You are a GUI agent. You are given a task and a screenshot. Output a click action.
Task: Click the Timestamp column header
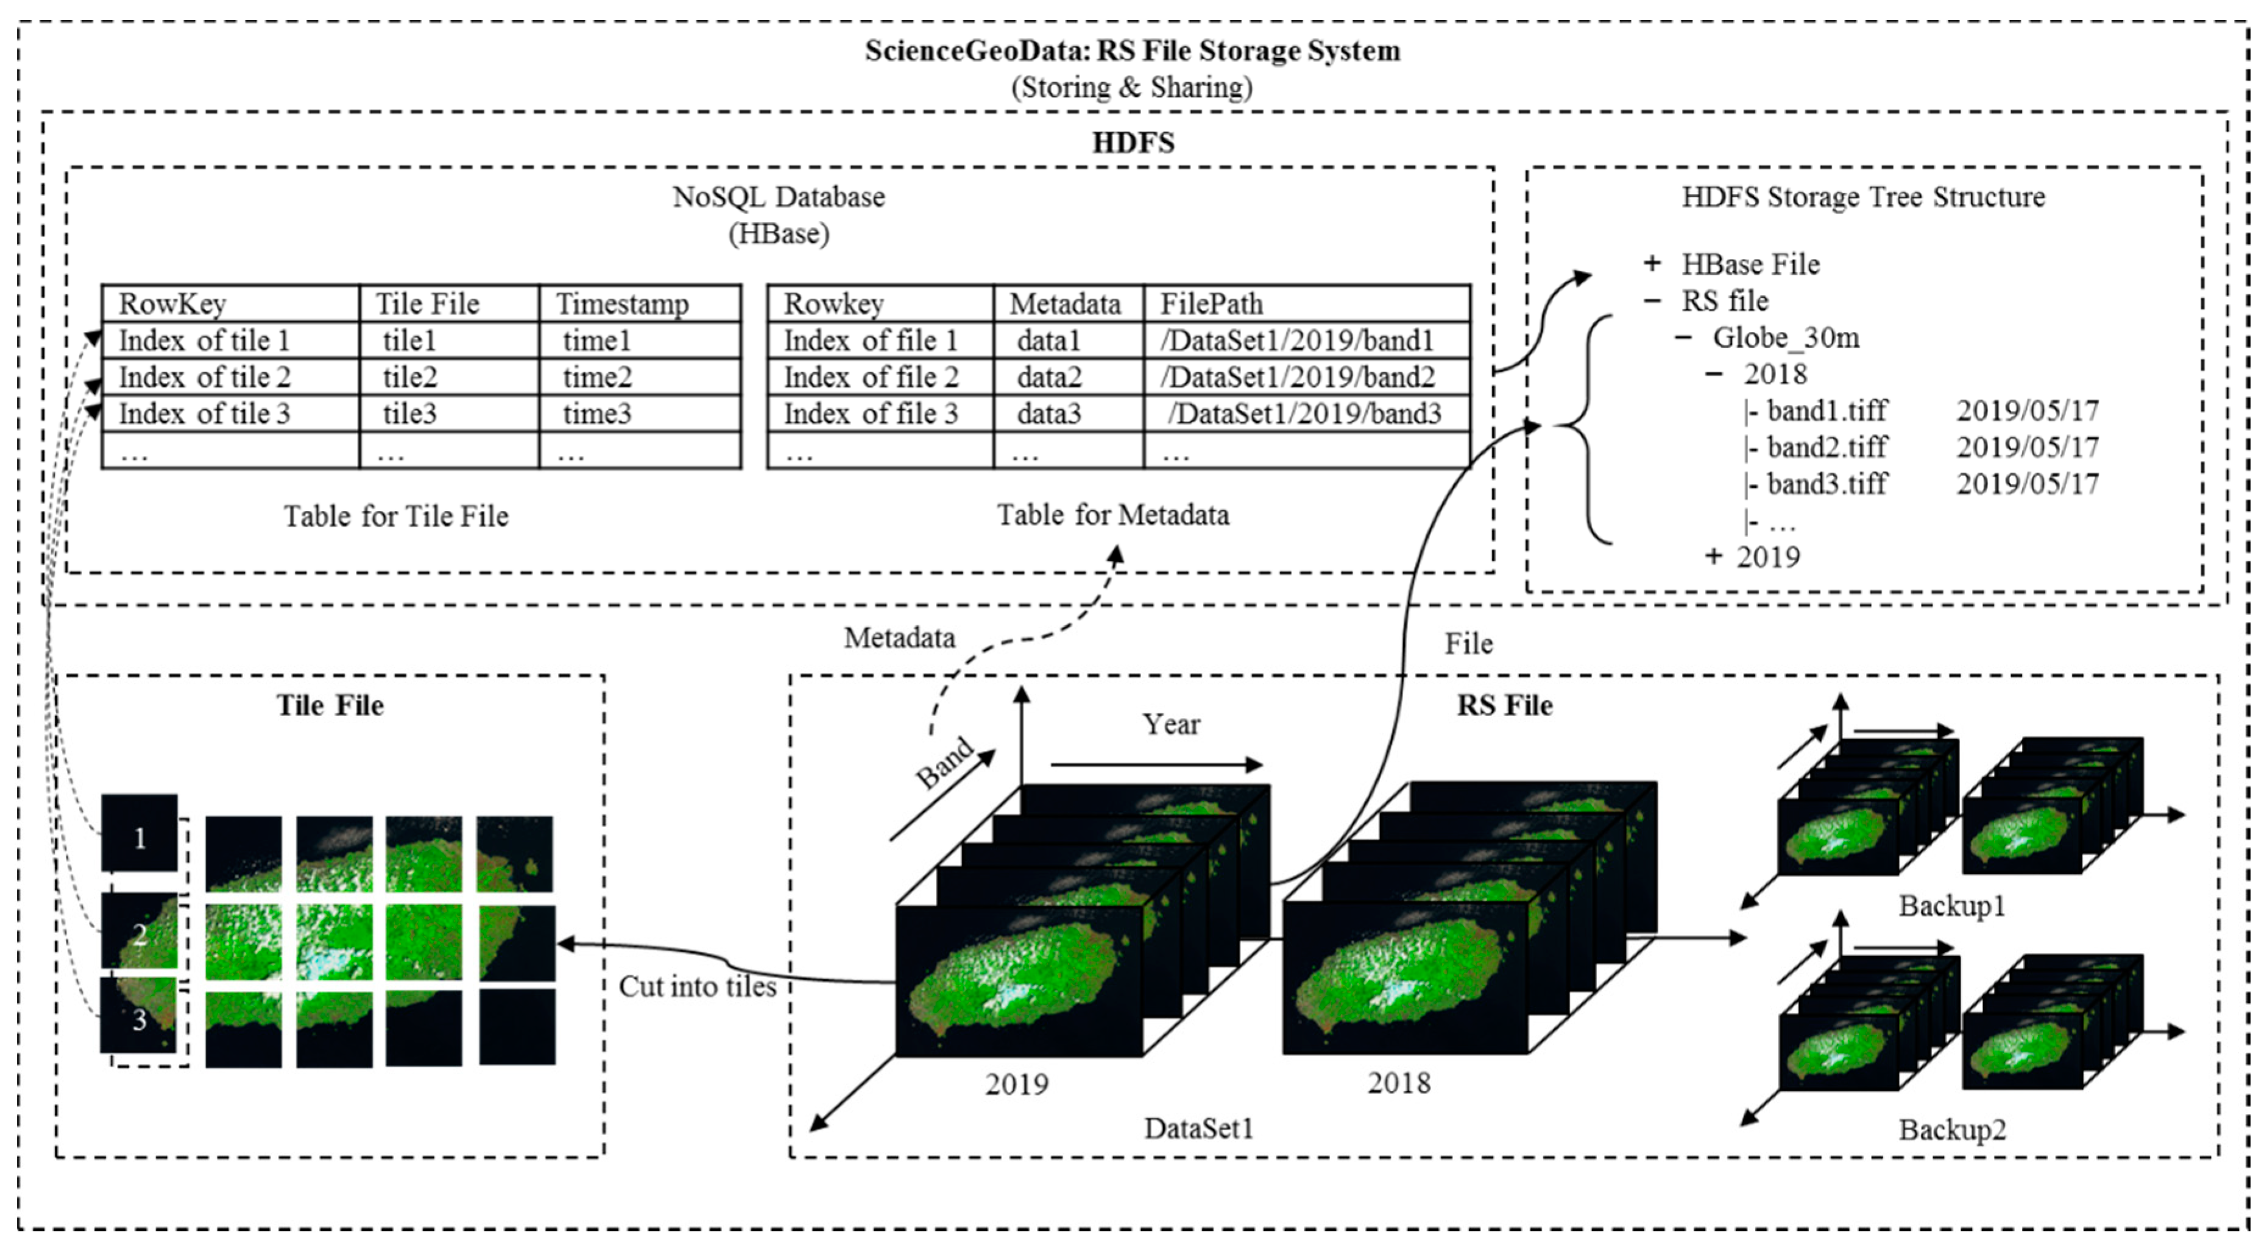coord(621,303)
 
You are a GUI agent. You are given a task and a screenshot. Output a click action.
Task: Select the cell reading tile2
coord(409,376)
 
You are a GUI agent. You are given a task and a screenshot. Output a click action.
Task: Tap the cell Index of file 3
coord(871,414)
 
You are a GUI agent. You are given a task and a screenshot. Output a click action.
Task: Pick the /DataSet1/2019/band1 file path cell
coord(1296,340)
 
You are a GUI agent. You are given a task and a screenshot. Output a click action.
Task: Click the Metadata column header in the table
coord(1065,303)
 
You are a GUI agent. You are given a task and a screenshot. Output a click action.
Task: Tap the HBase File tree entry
coord(1750,264)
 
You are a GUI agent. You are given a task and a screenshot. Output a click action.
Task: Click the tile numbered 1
coord(139,834)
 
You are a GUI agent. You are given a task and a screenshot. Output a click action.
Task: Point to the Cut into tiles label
coord(697,987)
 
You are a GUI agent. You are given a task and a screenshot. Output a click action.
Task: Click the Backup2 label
coord(1952,1129)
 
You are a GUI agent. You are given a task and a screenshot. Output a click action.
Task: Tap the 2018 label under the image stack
coord(1398,1082)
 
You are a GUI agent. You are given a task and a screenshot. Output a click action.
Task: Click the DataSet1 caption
coord(1198,1128)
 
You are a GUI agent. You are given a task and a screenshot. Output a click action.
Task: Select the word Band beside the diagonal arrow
coord(945,762)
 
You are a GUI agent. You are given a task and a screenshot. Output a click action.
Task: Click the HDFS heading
coord(1133,142)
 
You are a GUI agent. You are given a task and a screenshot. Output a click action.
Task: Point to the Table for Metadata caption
coord(1112,515)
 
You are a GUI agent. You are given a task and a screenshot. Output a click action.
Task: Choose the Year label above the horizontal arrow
coord(1170,724)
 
